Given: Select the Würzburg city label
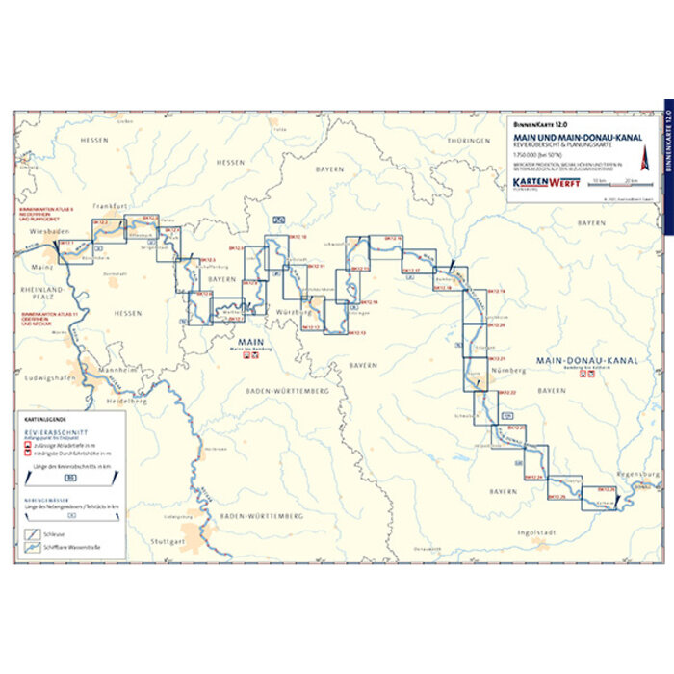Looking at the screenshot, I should [x=293, y=313].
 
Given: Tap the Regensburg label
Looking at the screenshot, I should [x=635, y=477].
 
